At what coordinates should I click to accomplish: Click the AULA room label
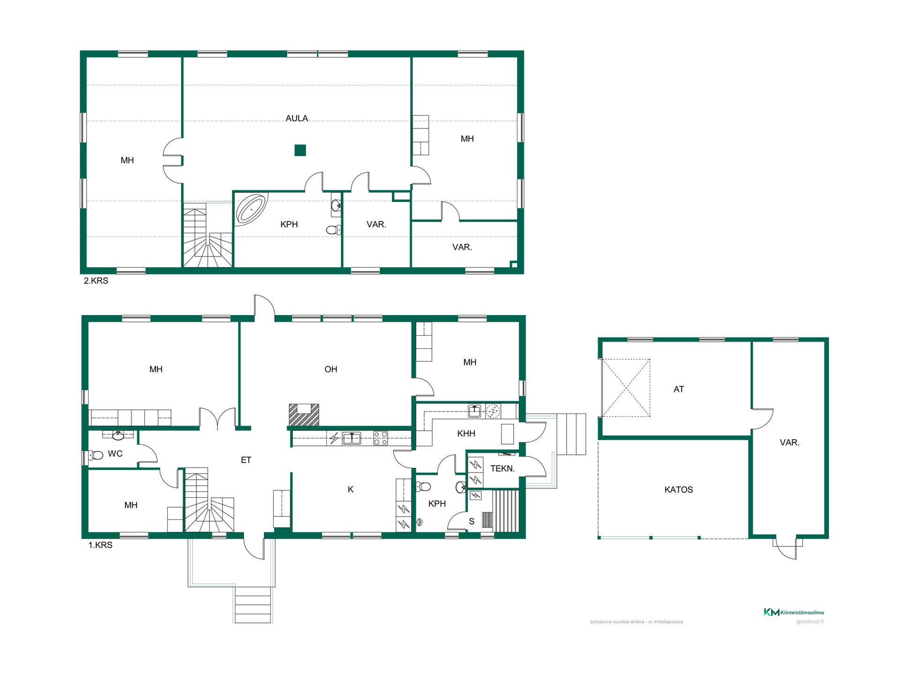tap(297, 118)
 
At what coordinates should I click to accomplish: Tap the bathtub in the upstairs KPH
tap(251, 209)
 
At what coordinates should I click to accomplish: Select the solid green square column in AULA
tap(300, 150)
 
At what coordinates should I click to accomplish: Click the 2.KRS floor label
tap(96, 281)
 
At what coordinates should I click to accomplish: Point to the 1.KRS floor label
tap(100, 545)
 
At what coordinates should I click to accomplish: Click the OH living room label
tap(331, 369)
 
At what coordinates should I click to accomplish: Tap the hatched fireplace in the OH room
tap(304, 415)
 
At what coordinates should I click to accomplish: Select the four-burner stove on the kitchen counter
tap(380, 438)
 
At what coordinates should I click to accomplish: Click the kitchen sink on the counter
tap(352, 438)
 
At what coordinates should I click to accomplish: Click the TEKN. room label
tap(502, 468)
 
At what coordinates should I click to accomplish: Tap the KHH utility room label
tap(466, 434)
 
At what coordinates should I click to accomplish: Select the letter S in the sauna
tap(472, 521)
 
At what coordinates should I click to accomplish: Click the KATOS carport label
tap(678, 490)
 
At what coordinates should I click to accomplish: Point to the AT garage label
tap(679, 389)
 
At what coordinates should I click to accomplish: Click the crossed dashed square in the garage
tap(626, 388)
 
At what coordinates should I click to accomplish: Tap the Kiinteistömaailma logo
tap(794, 612)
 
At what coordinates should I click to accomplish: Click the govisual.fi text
tap(810, 622)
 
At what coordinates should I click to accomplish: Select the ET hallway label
tap(246, 460)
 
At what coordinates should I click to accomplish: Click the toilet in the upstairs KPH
tap(334, 230)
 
